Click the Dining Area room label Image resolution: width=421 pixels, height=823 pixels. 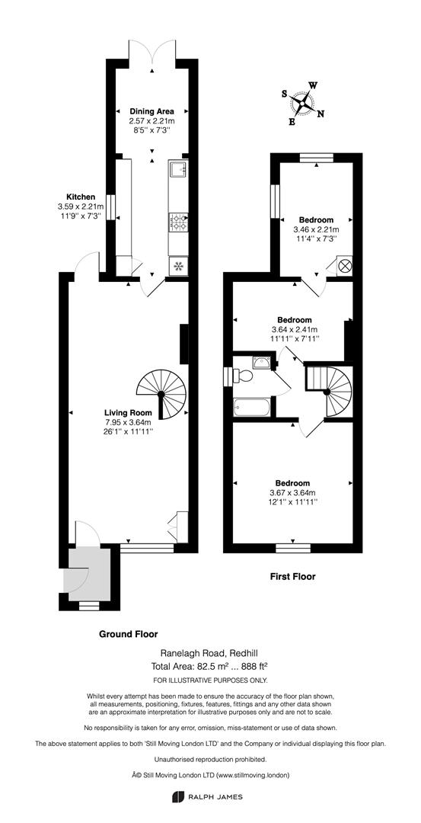(152, 110)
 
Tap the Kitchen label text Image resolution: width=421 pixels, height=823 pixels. (80, 197)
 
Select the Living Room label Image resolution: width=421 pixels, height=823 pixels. (129, 412)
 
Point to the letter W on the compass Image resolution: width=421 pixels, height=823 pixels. (313, 85)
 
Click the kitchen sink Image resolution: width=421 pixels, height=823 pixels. (177, 168)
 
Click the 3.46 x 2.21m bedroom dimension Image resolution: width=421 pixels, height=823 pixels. (316, 229)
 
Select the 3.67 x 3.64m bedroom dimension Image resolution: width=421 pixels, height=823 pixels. (293, 492)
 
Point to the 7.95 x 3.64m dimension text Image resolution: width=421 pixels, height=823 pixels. (129, 422)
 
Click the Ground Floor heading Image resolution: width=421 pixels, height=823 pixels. (129, 633)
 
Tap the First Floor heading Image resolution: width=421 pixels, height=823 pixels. (292, 577)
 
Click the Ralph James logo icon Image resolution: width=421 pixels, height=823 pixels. (177, 797)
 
